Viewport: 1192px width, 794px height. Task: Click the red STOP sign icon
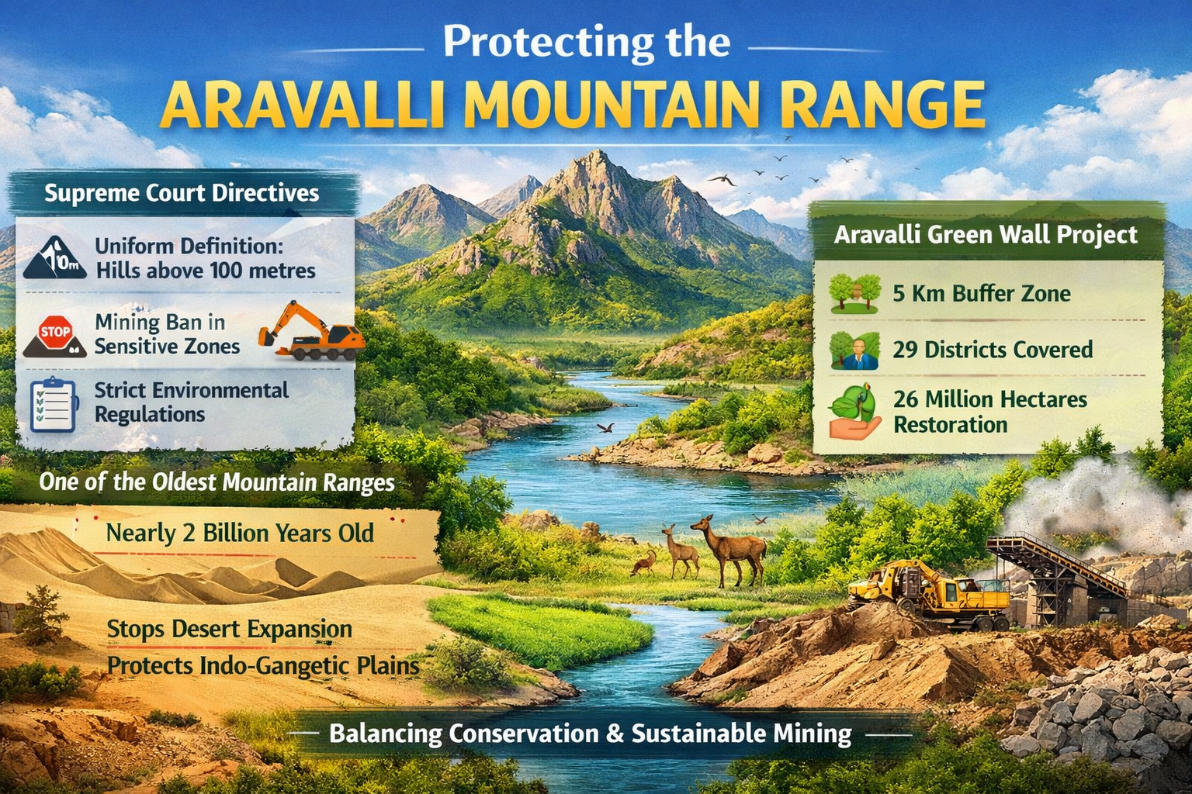pos(55,333)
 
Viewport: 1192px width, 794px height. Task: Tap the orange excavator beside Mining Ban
pos(312,332)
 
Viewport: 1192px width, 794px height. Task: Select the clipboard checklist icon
pos(53,404)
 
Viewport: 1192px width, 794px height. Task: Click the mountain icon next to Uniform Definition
pos(54,258)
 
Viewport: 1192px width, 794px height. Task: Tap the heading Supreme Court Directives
pos(182,193)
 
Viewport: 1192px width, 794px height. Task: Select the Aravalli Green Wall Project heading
pos(986,234)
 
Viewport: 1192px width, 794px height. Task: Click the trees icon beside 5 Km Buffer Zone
pos(854,293)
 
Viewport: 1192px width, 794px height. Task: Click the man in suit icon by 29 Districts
pos(854,350)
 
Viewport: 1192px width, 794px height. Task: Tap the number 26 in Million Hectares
pos(906,399)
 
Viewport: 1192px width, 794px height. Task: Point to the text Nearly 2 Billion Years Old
pos(240,533)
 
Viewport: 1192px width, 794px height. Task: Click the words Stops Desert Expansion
pos(229,629)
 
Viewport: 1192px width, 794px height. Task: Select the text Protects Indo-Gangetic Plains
pos(262,665)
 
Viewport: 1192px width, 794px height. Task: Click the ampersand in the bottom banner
pos(615,734)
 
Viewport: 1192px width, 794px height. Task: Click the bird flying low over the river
pos(605,427)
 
